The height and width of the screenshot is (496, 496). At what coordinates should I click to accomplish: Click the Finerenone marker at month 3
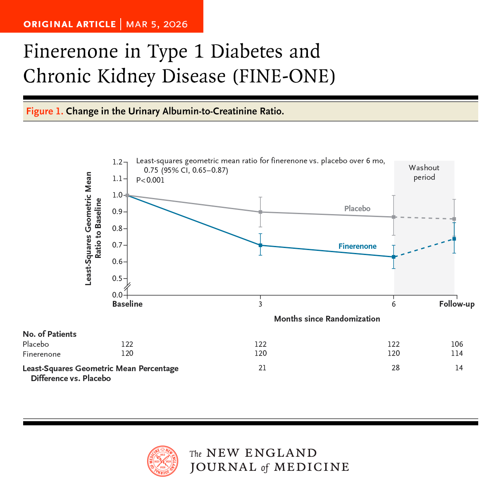pyautogui.click(x=260, y=245)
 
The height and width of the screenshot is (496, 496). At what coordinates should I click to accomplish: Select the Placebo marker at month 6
pyautogui.click(x=394, y=217)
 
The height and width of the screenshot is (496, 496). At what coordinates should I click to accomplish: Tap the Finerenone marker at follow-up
pyautogui.click(x=454, y=239)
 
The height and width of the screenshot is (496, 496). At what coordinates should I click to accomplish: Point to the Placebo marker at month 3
pyautogui.click(x=260, y=212)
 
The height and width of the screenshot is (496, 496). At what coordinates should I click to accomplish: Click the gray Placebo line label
pyautogui.click(x=357, y=209)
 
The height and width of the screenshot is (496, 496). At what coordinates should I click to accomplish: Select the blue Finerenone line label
pyautogui.click(x=357, y=246)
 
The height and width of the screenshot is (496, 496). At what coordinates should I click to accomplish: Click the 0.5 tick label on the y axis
pyautogui.click(x=118, y=279)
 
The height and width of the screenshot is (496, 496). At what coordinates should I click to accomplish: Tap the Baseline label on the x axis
pyautogui.click(x=127, y=304)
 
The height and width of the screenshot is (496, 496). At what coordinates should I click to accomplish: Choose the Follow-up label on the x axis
pyautogui.click(x=457, y=304)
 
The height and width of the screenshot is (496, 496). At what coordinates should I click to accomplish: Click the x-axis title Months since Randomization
pyautogui.click(x=327, y=319)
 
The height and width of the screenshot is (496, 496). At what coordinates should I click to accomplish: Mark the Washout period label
pyautogui.click(x=424, y=172)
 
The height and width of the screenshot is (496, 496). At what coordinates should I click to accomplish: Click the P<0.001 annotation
pyautogui.click(x=150, y=180)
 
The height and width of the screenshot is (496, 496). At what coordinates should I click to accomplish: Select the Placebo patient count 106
pyautogui.click(x=457, y=344)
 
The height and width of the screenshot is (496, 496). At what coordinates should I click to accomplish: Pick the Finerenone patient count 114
pyautogui.click(x=457, y=353)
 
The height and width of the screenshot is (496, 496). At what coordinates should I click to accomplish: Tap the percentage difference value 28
pyautogui.click(x=396, y=368)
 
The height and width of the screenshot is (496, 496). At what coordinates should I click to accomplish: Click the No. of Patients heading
pyautogui.click(x=50, y=334)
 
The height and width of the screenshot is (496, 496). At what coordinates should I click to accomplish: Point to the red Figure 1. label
pyautogui.click(x=45, y=111)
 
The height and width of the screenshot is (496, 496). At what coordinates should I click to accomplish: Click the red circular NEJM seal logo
pyautogui.click(x=163, y=461)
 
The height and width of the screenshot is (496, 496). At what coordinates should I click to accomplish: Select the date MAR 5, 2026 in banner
pyautogui.click(x=157, y=24)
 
